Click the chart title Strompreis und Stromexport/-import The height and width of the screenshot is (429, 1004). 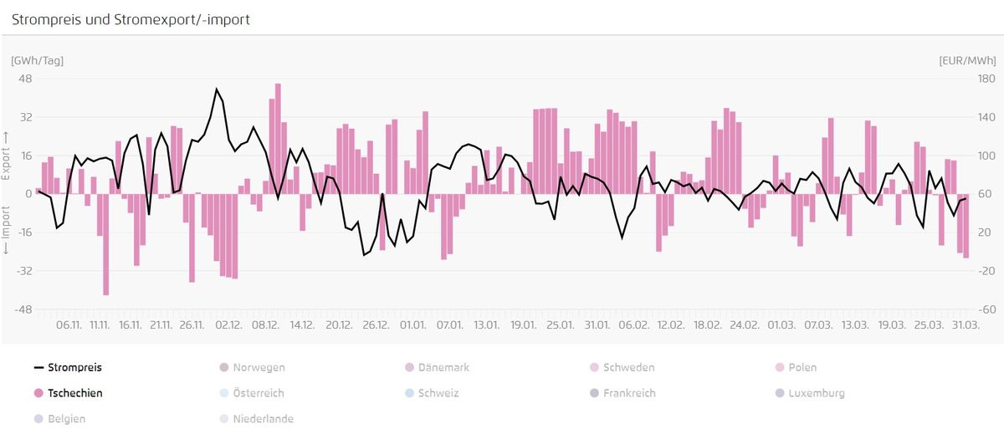131,20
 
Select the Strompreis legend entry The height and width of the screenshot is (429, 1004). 68,368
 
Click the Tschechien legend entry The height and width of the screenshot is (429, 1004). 68,393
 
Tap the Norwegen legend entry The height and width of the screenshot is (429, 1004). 252,368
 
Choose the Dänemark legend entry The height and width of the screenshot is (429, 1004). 437,368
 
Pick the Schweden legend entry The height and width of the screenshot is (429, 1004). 622,368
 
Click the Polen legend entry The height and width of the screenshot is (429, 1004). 796,368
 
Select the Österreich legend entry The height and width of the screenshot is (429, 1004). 252,393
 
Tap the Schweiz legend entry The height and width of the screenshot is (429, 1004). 432,393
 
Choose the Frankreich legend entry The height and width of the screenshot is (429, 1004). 622,393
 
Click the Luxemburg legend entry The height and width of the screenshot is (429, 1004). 810,393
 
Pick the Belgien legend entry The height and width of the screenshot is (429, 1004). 59,419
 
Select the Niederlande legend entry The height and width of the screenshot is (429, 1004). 256,419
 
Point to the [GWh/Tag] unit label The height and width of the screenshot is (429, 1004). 37,60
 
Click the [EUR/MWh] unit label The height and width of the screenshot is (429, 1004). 967,60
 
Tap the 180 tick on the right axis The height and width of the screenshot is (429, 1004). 986,79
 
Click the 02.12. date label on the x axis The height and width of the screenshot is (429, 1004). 228,324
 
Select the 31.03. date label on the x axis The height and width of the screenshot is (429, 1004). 966,324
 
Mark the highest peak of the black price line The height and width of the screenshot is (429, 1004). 217,89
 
